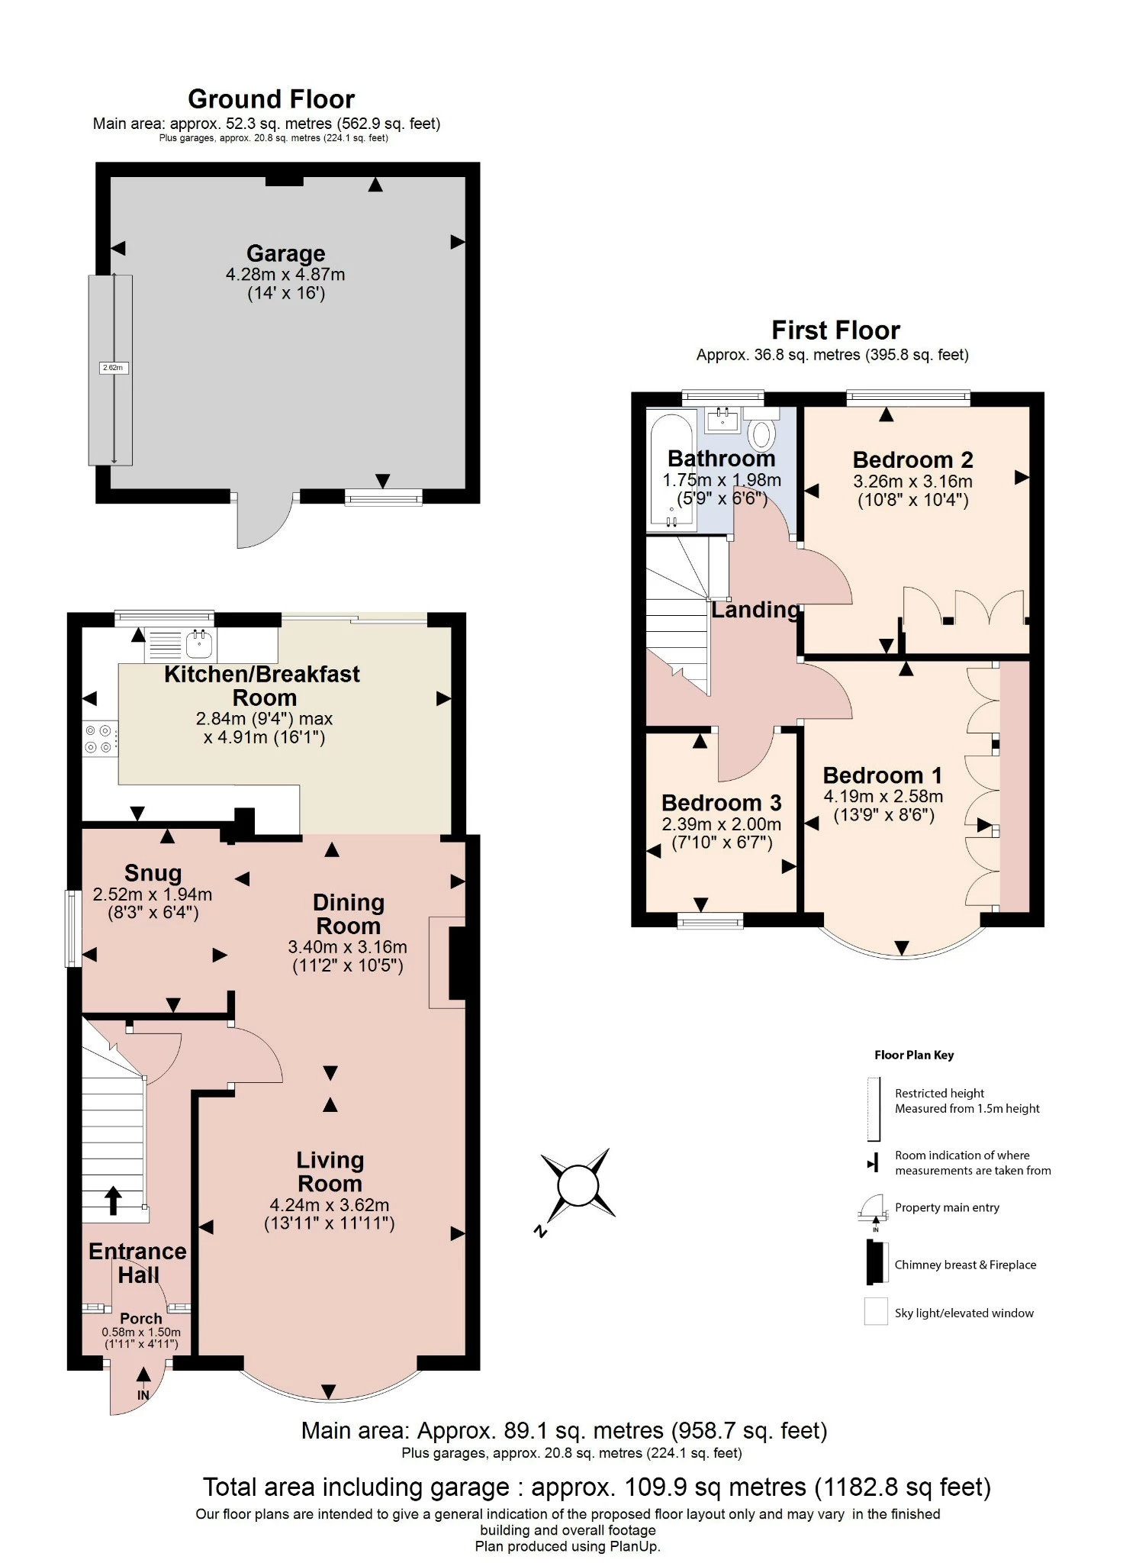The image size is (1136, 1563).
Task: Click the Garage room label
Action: coord(285,253)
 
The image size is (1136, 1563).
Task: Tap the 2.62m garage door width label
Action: coord(113,368)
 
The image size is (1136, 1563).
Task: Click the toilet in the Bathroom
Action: coord(761,433)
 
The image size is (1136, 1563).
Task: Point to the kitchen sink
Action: coord(199,645)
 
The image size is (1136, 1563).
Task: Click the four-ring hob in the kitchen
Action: coord(99,739)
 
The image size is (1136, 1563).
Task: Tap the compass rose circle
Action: coord(578,1186)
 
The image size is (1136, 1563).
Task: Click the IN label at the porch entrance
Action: coord(143,1395)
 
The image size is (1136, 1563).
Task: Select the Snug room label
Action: coord(153,873)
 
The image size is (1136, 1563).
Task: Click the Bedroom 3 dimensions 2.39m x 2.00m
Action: coord(721,824)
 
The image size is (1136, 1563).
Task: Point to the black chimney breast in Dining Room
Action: coord(457,962)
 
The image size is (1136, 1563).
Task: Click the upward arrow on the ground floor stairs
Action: coord(113,1200)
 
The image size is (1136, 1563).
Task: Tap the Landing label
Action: coord(755,610)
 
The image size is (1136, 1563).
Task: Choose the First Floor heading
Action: coord(835,330)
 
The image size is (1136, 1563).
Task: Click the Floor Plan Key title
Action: coord(913,1055)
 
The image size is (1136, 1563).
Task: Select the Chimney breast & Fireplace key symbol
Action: coord(876,1264)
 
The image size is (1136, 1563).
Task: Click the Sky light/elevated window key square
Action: coord(876,1312)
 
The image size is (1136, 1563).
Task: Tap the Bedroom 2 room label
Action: coord(912,460)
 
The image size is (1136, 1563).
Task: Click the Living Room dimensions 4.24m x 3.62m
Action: coord(329,1205)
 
